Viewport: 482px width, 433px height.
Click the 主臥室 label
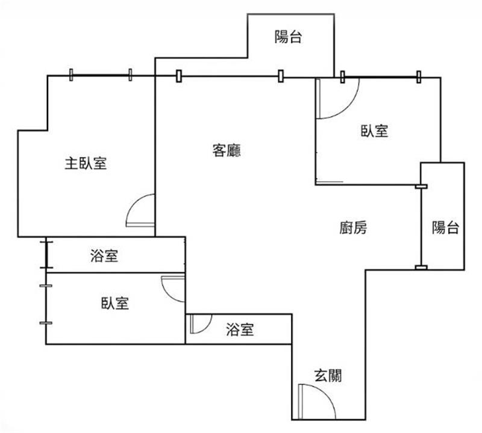(x=86, y=163)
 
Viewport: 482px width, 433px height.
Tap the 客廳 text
(x=227, y=151)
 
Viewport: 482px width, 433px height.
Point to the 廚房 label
(x=353, y=228)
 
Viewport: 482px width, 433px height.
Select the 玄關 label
(x=328, y=375)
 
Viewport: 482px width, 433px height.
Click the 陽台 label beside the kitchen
(x=446, y=228)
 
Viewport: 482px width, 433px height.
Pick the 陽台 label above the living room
(x=288, y=37)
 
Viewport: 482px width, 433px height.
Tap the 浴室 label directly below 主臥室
(x=104, y=255)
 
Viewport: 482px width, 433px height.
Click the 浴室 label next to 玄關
(x=240, y=329)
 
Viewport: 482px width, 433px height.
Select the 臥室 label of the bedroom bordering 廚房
(x=374, y=131)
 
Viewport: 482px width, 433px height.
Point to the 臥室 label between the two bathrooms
(x=115, y=303)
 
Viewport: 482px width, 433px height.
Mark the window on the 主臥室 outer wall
(x=101, y=75)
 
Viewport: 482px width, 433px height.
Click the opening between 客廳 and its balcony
(x=230, y=76)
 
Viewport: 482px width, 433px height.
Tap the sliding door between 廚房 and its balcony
(x=421, y=227)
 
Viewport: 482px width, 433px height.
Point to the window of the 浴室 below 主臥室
(x=46, y=255)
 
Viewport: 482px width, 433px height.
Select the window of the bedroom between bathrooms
(x=46, y=304)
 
